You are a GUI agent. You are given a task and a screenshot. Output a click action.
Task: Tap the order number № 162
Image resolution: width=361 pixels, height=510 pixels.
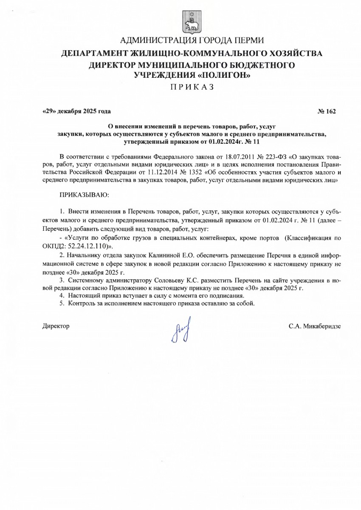click(326, 111)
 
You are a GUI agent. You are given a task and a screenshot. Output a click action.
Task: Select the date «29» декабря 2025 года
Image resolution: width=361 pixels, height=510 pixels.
click(77, 111)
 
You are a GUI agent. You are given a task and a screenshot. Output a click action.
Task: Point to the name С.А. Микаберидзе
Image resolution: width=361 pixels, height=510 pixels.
click(315, 326)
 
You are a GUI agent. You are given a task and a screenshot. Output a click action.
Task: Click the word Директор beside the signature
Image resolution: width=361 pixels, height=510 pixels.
click(56, 326)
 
